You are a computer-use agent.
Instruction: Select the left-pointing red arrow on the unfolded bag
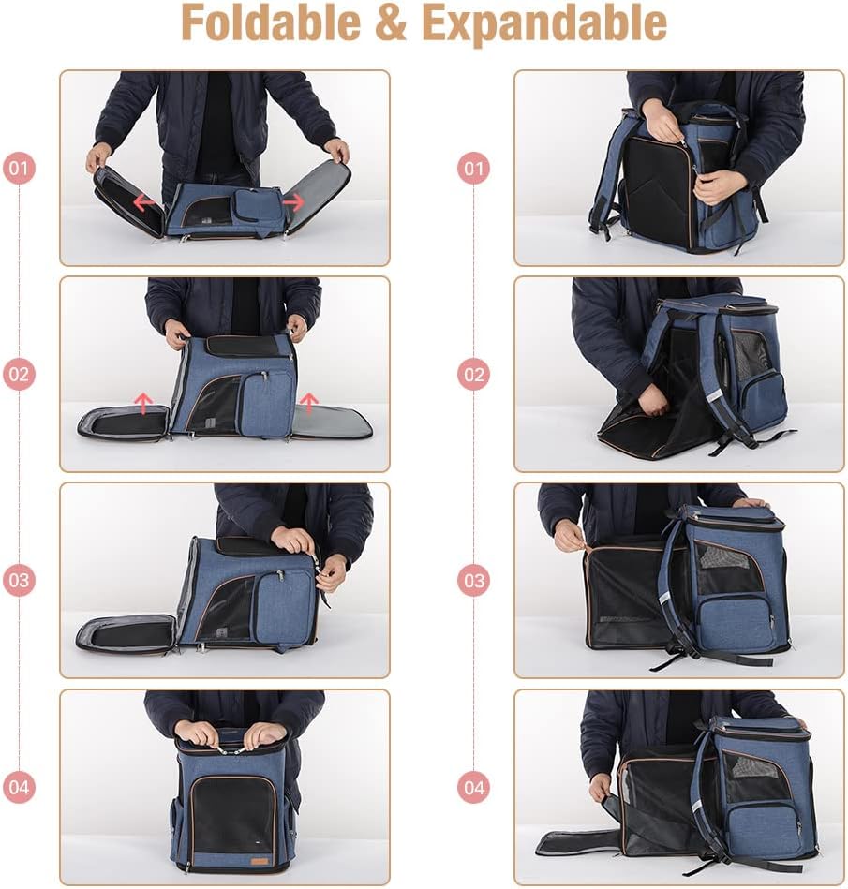[143, 201]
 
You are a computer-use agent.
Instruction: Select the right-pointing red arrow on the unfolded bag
[292, 201]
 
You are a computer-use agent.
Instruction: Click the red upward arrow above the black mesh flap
[143, 403]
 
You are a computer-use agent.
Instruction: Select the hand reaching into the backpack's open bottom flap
[652, 401]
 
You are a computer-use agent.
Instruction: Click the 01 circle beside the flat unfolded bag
[19, 170]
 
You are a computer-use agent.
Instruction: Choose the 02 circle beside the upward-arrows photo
[19, 375]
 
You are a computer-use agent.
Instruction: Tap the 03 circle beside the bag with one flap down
[19, 580]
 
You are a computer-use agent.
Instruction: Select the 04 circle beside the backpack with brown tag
[19, 787]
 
